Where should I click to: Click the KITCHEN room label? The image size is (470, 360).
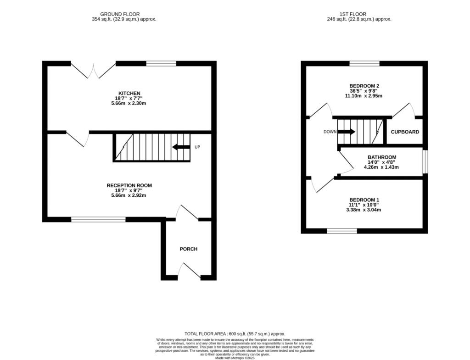(x=129, y=94)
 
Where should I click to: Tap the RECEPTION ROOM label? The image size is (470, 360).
(x=129, y=186)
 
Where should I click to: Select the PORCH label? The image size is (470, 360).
(x=189, y=249)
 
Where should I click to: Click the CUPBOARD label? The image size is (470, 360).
(x=405, y=132)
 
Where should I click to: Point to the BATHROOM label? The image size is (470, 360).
(x=382, y=157)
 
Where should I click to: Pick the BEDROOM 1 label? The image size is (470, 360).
(x=364, y=200)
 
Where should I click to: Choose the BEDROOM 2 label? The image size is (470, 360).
(x=364, y=86)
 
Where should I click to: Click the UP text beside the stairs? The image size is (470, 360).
(x=197, y=147)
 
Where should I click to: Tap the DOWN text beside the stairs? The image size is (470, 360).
(x=330, y=132)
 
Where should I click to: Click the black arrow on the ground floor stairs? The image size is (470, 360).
(x=181, y=147)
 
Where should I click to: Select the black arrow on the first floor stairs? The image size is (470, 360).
(x=347, y=132)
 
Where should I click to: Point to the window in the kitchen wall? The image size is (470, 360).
(x=161, y=63)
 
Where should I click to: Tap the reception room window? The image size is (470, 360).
(x=98, y=220)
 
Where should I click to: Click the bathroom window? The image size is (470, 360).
(x=425, y=162)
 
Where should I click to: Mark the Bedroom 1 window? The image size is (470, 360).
(x=342, y=231)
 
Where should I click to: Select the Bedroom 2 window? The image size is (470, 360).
(x=364, y=63)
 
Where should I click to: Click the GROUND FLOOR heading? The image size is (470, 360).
(x=120, y=14)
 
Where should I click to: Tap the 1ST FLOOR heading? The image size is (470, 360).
(x=353, y=14)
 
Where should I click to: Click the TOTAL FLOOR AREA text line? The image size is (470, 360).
(x=235, y=334)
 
